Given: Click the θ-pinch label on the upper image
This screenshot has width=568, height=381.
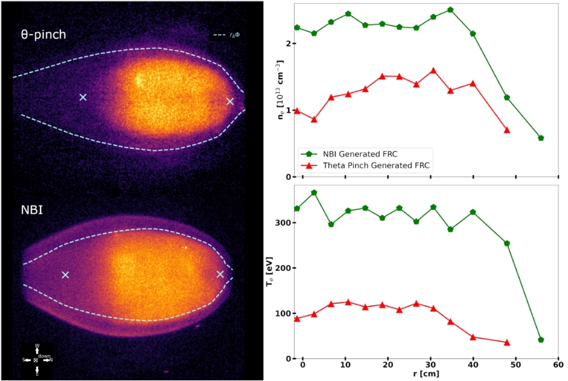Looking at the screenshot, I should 42,35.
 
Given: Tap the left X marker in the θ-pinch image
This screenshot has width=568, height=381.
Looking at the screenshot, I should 83,97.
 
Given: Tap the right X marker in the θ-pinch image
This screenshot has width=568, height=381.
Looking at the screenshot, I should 230,101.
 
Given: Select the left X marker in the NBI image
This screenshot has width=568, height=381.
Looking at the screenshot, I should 65,275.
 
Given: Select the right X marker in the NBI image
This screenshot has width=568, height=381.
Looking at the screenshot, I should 220,274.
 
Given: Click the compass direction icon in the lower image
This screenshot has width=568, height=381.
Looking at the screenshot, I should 37,359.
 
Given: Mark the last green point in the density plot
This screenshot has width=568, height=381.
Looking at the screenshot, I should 541,138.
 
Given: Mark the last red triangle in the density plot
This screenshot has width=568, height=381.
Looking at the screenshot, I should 507,130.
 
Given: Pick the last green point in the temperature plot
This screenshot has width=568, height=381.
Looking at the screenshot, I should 541,340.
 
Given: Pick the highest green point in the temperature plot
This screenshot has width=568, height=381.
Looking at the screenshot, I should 314,192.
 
